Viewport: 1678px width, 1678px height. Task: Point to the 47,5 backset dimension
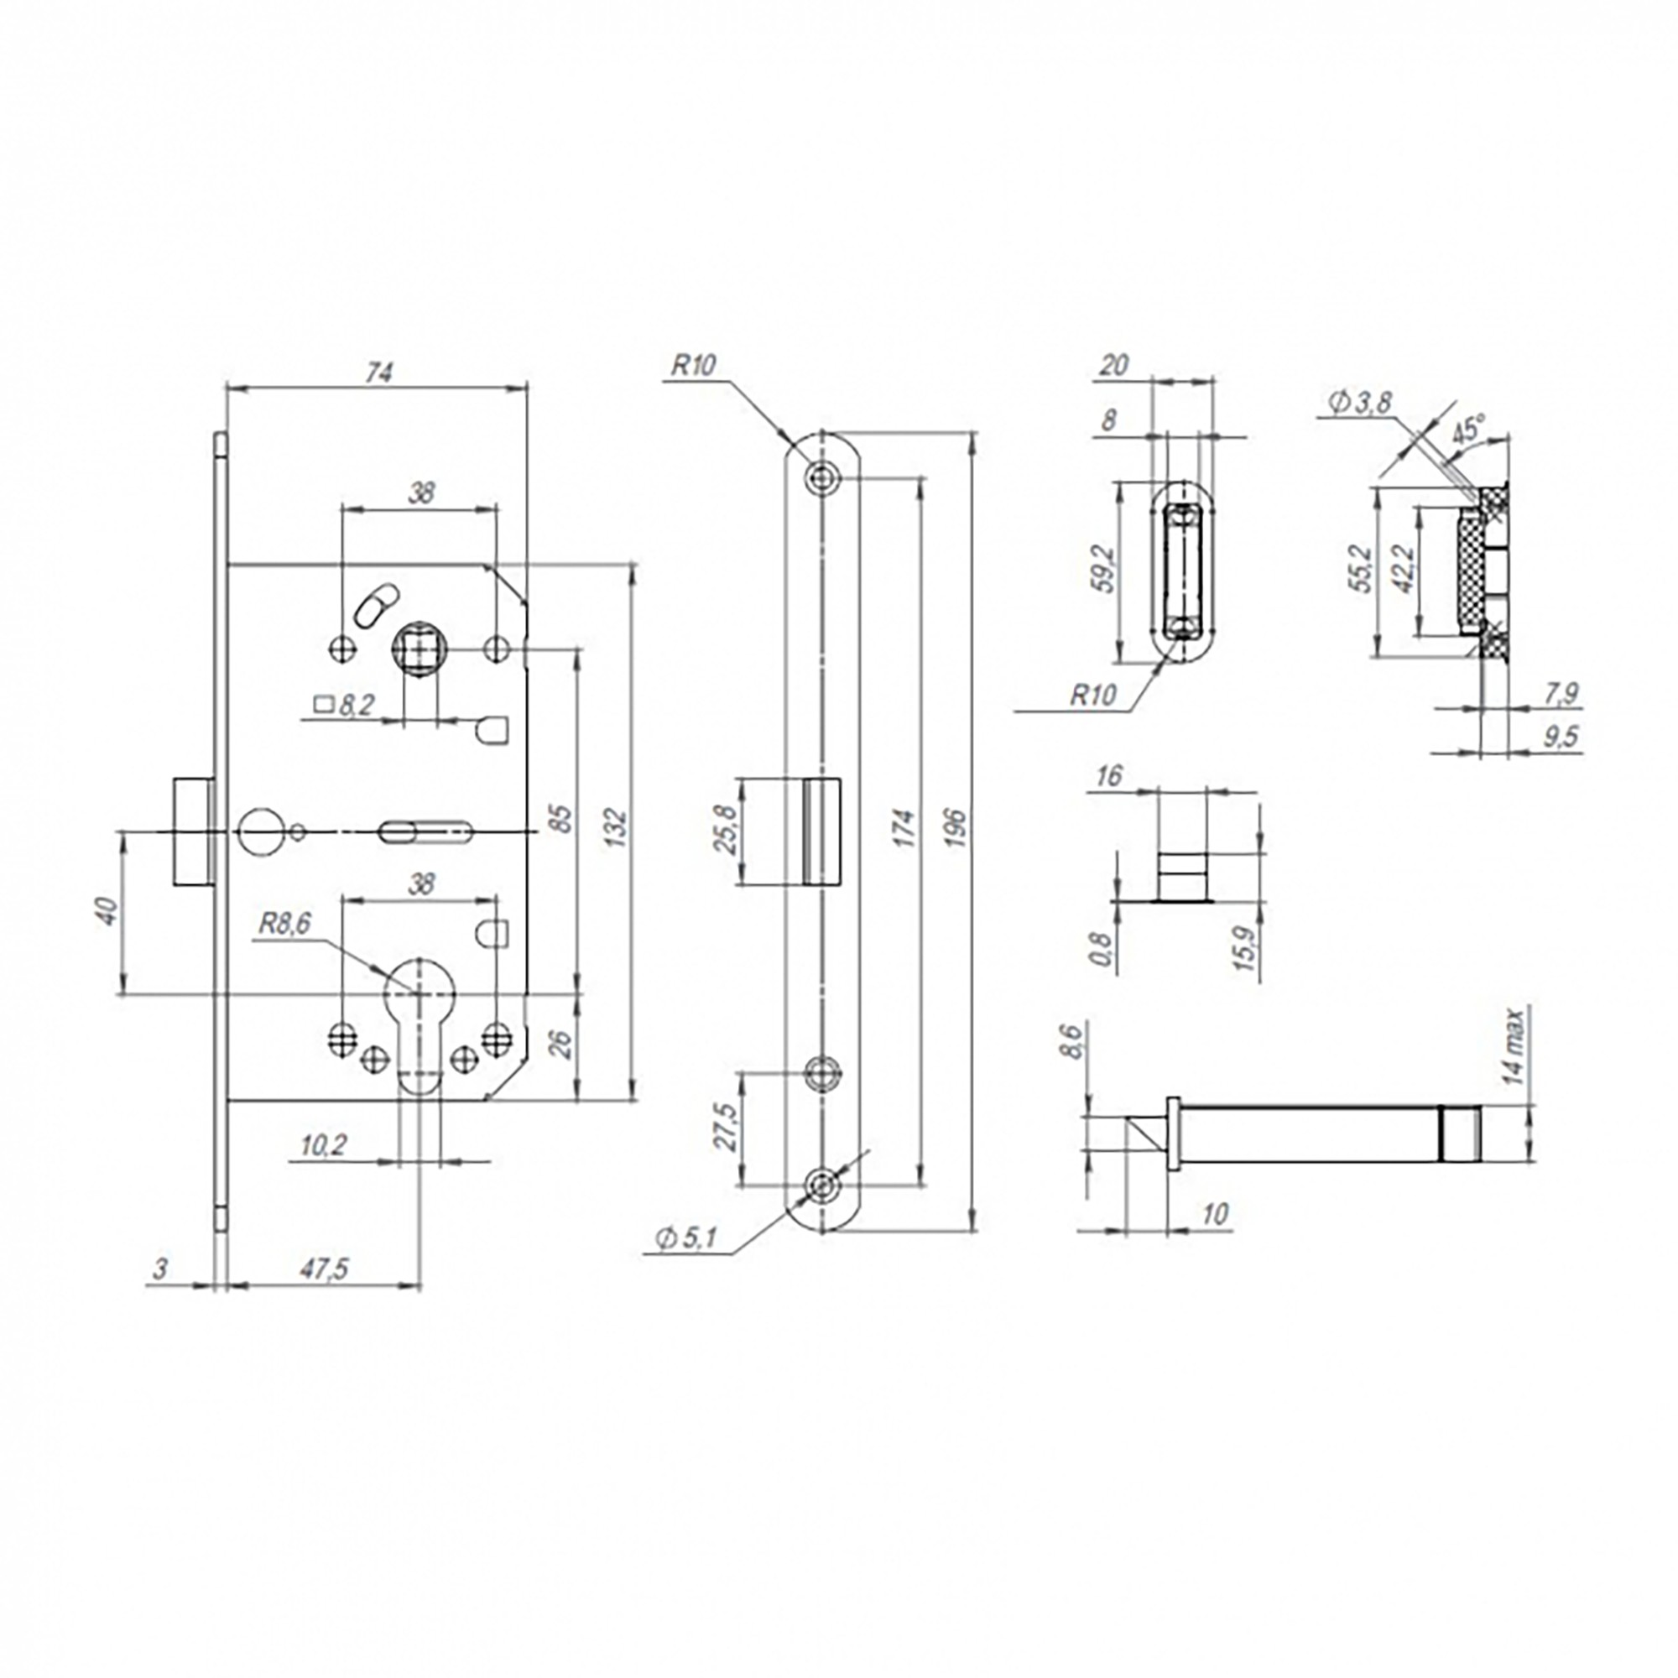(323, 1269)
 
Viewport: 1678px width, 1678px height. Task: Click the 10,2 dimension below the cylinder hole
(323, 1145)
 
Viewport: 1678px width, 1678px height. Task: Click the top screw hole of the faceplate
(821, 475)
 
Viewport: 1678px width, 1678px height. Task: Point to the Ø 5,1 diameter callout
(686, 1238)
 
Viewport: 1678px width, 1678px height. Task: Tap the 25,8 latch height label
(723, 831)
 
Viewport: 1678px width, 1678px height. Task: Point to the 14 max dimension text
(1513, 1045)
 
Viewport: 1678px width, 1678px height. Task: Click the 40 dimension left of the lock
(107, 911)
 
